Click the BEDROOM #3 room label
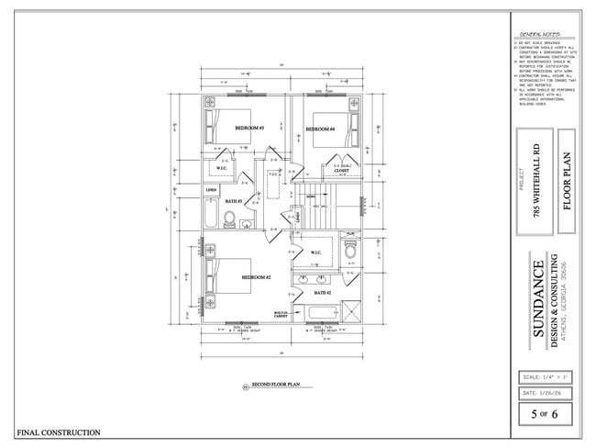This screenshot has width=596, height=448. point(249,128)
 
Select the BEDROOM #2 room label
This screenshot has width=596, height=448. point(256,276)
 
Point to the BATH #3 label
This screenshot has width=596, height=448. point(233,200)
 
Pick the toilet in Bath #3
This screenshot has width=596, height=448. point(230,218)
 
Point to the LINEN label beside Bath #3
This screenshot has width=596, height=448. point(211,191)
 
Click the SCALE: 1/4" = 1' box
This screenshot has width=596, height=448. point(546,377)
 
